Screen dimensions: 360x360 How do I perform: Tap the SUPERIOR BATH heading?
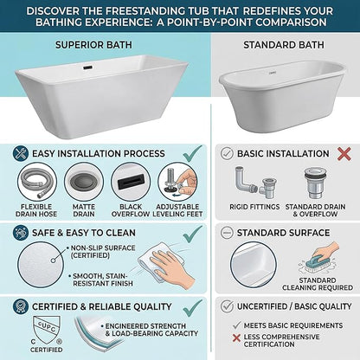pos(93,45)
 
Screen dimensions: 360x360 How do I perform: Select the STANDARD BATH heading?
pos(284,45)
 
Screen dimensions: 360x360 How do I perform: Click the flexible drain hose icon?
pos(37,183)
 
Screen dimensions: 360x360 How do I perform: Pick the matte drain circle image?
pos(84,183)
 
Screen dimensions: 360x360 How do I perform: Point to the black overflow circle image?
pos(131,183)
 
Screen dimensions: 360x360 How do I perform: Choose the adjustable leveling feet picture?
pos(177,183)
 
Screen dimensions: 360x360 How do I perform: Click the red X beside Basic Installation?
pos(344,154)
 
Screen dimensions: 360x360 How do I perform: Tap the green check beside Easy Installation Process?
pos(193,153)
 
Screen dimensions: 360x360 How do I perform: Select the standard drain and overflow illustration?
pos(316,183)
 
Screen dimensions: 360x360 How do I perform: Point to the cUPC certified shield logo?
pos(47,331)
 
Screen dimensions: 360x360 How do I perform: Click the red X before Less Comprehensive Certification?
pos(236,337)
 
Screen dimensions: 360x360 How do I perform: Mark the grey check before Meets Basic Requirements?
pos(236,325)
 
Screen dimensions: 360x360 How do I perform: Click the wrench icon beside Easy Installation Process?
pos(21,153)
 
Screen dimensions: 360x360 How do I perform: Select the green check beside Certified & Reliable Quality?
pos(193,308)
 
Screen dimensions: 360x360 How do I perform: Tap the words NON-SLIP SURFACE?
pos(103,248)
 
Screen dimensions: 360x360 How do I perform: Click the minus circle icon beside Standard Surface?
pos(227,233)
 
